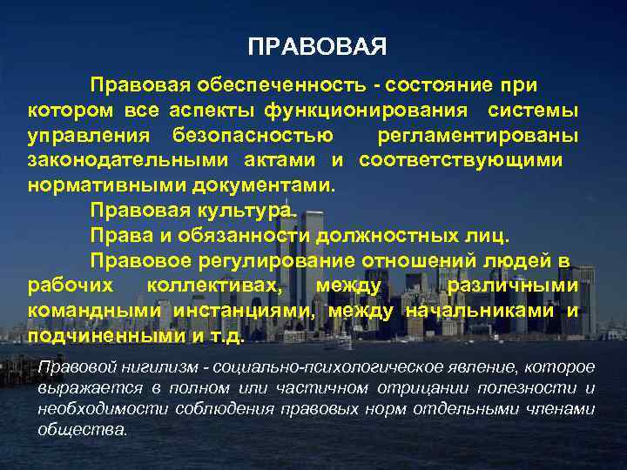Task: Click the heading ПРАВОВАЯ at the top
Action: point(317,46)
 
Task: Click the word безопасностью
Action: point(253,136)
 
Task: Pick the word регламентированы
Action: point(478,136)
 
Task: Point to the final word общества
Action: point(83,429)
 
